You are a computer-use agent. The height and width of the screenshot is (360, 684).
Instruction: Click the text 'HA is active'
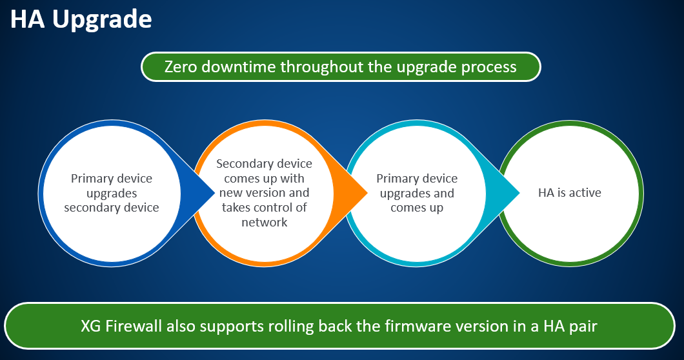click(570, 192)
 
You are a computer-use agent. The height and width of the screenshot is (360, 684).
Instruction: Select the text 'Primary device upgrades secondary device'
click(112, 193)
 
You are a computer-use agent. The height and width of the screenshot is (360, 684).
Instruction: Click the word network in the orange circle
click(264, 222)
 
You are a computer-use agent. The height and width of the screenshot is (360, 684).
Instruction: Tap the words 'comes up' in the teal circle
click(417, 208)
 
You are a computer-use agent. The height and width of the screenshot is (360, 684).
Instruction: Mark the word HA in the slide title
click(28, 20)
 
